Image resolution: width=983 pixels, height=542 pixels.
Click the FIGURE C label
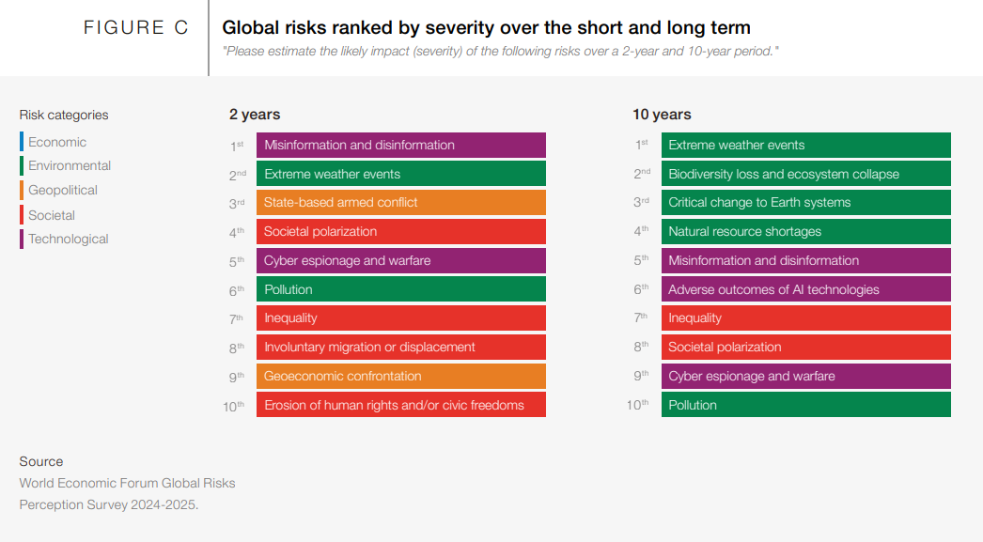136,28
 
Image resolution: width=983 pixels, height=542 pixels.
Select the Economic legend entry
56,142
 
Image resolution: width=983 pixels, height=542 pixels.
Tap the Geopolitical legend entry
62,190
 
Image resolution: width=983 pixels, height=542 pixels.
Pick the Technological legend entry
68,239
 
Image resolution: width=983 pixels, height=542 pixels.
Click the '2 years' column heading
255,115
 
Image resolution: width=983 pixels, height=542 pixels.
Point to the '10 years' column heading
662,115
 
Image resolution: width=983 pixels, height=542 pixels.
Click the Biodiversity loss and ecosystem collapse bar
805,174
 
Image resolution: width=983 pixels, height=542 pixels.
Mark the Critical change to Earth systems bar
805,203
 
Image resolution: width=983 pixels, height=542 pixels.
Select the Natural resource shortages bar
805,232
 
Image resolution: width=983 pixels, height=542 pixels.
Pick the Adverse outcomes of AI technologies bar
805,289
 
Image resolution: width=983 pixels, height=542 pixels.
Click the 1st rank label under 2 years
237,146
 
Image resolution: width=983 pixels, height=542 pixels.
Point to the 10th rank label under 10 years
637,406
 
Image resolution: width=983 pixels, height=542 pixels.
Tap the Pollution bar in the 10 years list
805,406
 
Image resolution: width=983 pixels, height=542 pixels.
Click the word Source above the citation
41,461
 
